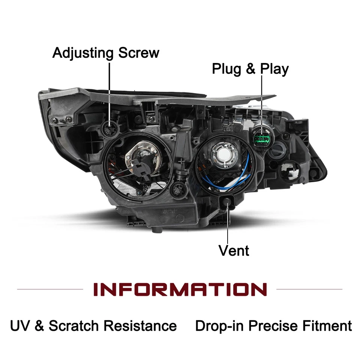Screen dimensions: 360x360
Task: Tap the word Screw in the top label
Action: (x=139, y=52)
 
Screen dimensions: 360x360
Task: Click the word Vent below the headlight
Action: (x=234, y=250)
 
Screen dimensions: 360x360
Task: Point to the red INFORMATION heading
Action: (x=180, y=289)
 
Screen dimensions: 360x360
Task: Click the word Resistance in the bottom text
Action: (x=140, y=325)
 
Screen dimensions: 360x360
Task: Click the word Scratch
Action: (x=73, y=325)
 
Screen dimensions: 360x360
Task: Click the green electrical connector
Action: (x=261, y=139)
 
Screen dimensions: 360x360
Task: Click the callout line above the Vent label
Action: (x=228, y=225)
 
